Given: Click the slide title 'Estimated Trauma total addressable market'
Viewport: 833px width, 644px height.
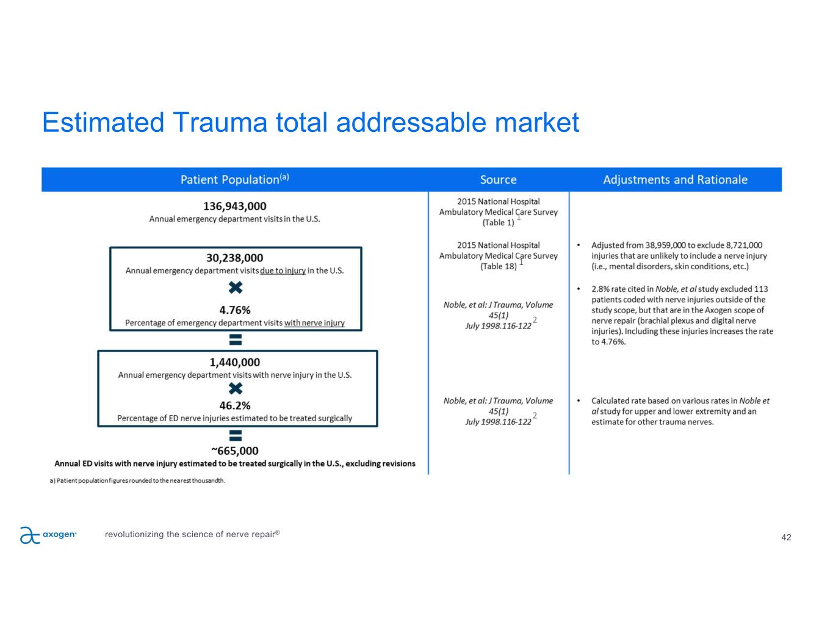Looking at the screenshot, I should [310, 122].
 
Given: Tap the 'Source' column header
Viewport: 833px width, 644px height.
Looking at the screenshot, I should [498, 179].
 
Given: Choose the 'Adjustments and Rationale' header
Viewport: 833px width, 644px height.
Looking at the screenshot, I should [675, 179].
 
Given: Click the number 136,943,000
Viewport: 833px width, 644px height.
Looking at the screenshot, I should [234, 206].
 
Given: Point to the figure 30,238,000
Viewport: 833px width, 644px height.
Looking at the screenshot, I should [234, 258].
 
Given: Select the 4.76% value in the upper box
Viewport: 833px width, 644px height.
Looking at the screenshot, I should [235, 310].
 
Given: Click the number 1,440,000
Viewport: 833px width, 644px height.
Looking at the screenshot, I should [234, 363].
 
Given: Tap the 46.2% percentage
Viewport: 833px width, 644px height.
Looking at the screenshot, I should [235, 405].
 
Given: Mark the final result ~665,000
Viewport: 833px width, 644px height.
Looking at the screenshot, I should [235, 451].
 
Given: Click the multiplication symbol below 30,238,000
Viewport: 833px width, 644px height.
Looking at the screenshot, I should [236, 288].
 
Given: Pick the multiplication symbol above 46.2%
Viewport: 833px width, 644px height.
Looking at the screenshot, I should [235, 389].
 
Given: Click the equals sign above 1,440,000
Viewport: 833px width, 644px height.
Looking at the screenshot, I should [235, 339].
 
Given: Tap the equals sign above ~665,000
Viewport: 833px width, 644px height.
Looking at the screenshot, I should [235, 435].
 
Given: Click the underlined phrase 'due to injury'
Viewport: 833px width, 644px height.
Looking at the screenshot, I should [283, 271].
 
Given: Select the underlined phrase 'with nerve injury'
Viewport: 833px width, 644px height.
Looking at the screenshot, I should [314, 323].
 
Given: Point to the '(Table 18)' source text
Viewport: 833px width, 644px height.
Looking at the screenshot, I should [498, 266].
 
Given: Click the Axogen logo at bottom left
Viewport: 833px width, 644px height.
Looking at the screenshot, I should [48, 535].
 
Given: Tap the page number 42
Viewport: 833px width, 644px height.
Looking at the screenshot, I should [786, 537].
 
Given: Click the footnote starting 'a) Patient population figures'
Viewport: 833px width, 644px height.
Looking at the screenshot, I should [137, 481].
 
